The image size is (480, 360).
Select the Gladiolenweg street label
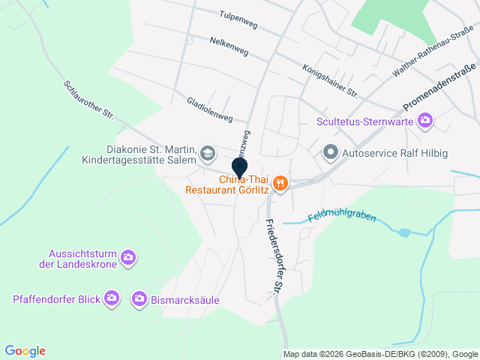click(x=210, y=109)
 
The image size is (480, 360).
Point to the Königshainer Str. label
click(x=329, y=79)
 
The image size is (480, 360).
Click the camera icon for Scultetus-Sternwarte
click(x=426, y=120)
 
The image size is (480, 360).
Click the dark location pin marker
click(x=240, y=168)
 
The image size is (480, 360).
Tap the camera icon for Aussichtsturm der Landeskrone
click(x=128, y=258)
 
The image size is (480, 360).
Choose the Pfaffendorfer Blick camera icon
click(x=112, y=299)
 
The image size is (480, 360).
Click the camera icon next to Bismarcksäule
click(x=139, y=299)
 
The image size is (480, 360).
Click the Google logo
click(x=25, y=351)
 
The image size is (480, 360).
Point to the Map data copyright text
click(x=380, y=354)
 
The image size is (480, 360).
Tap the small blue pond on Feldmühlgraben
click(x=405, y=232)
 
